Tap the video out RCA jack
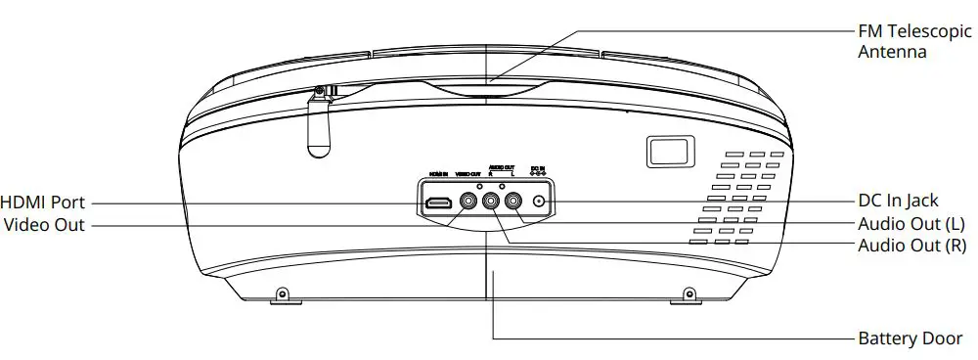pos(468,203)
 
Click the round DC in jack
pos(540,203)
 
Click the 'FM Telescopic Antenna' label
pos(900,42)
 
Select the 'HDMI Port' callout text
pos(43,202)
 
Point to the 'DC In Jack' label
pos(898,202)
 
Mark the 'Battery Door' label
pos(910,338)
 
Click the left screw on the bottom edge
pos(283,293)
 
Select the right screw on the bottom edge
pos(689,293)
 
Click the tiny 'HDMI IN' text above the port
pos(437,174)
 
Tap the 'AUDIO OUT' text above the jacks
pos(501,168)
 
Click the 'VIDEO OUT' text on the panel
pos(469,174)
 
